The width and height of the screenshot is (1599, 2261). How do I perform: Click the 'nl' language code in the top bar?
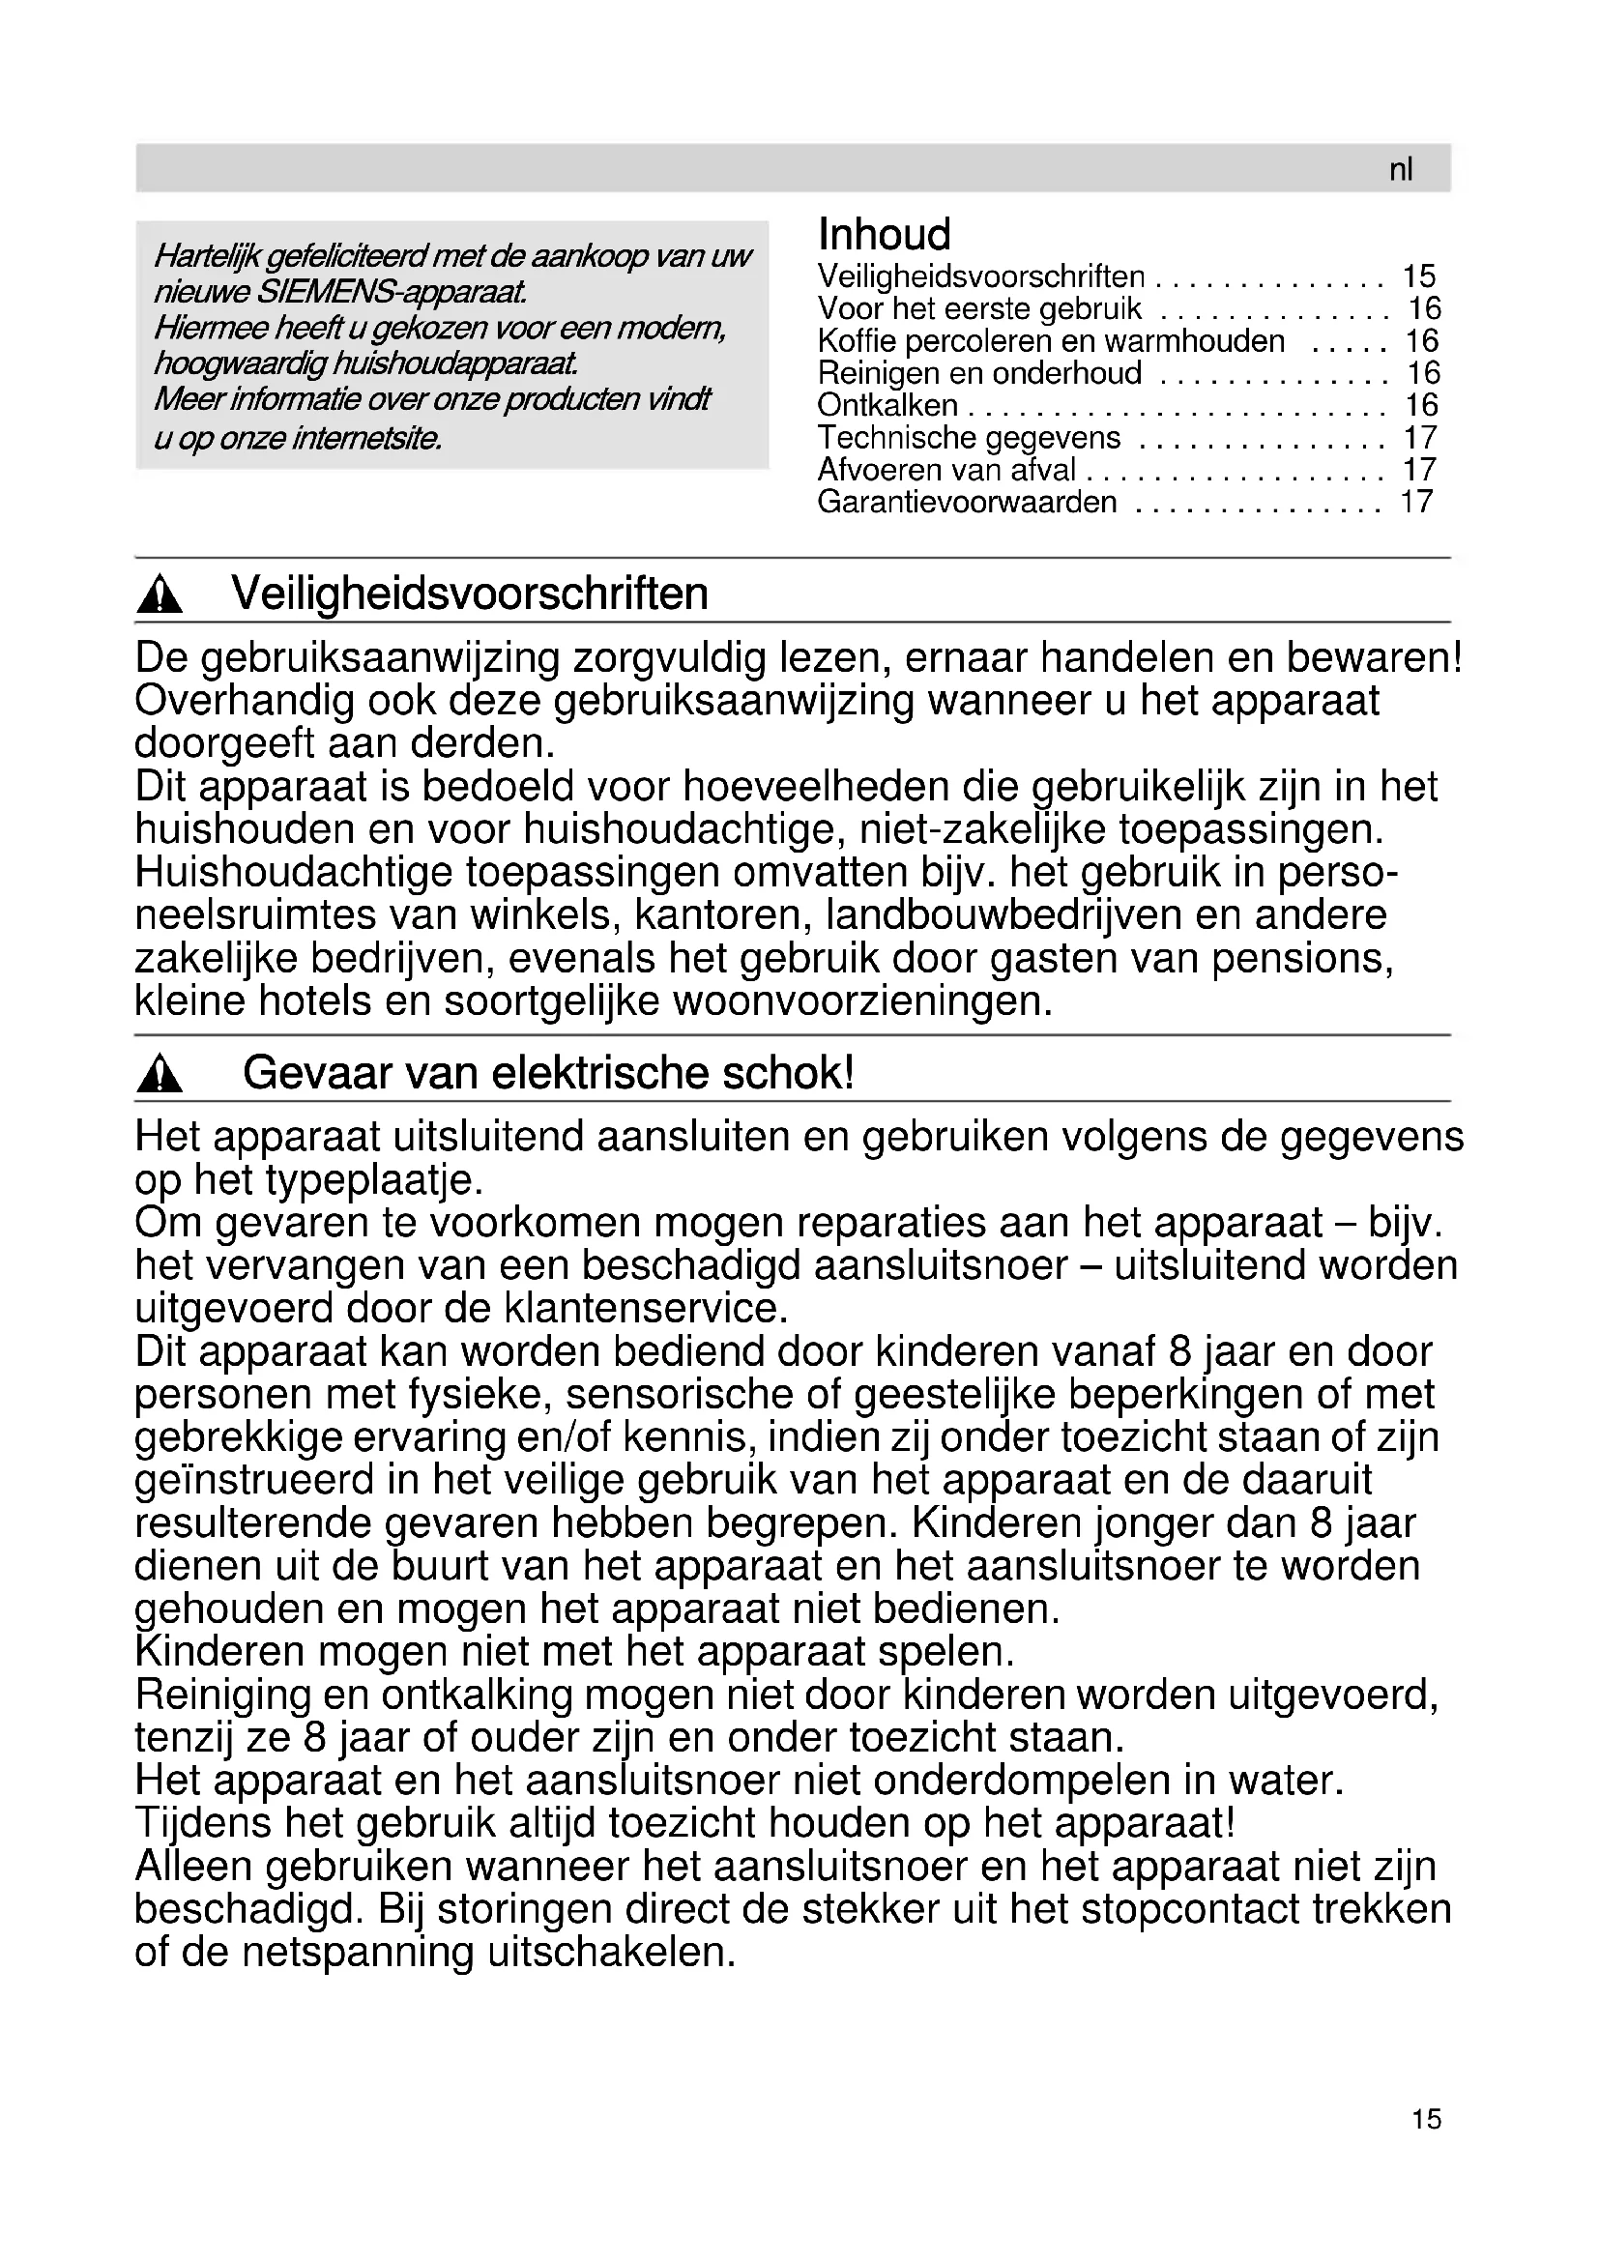click(x=1400, y=169)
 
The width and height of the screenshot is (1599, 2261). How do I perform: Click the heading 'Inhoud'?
click(x=885, y=234)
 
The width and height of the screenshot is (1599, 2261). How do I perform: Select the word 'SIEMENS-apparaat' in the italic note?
click(x=392, y=293)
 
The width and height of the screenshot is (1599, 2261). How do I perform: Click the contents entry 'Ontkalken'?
click(x=887, y=405)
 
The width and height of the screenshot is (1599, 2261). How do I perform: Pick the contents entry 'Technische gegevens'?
click(x=969, y=437)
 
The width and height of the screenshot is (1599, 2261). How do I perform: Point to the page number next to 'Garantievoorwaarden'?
click(x=1416, y=502)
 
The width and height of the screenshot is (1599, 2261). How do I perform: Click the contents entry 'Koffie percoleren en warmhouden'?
click(x=1051, y=340)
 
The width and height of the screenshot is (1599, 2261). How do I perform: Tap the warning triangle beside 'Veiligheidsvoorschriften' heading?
click(x=160, y=595)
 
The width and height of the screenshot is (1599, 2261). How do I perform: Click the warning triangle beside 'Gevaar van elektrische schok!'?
click(x=160, y=1074)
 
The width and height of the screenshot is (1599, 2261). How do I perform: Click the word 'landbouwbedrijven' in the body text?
click(x=1003, y=914)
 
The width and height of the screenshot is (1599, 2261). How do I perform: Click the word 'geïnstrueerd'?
click(x=275, y=1480)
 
